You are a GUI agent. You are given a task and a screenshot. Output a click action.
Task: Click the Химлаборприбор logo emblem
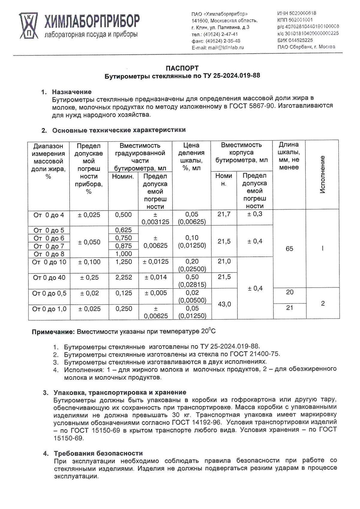coord(28,25)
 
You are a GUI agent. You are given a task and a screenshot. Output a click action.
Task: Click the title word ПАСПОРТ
coord(182,68)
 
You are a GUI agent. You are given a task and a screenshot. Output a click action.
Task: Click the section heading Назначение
coord(72,92)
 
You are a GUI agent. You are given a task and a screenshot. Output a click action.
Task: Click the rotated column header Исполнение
coord(322,174)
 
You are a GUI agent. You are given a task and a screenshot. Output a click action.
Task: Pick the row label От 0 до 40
coord(49,278)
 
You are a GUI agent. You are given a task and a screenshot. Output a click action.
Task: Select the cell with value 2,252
coord(124,277)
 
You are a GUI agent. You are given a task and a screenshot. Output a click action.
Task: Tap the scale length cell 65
coord(289,249)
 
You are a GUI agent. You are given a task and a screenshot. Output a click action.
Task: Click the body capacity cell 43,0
coord(224,304)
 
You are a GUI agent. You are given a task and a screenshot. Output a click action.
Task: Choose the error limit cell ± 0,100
coord(89,262)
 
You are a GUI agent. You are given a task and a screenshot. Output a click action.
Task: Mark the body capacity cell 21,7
coord(224,214)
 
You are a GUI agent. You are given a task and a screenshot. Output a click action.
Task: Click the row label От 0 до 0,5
coord(49,293)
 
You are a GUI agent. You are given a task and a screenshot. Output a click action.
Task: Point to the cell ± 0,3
coord(255,214)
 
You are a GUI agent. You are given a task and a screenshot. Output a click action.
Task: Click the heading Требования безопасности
coord(98,453)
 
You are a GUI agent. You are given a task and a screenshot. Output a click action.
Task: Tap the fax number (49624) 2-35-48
coord(223,41)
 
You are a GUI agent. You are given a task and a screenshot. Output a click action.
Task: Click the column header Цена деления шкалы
coord(191,157)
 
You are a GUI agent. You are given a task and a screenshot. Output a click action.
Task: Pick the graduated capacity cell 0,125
coord(124,293)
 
